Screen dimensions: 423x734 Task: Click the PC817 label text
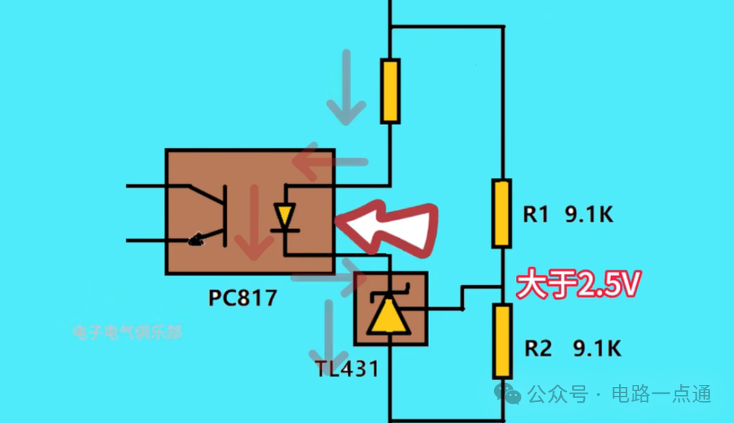[242, 299]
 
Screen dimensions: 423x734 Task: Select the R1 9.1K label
[568, 215]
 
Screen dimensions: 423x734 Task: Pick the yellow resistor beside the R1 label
[502, 213]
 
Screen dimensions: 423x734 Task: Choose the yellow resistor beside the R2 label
[502, 341]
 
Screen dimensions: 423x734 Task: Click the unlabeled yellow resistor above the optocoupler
[389, 90]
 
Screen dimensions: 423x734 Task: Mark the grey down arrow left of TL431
[328, 333]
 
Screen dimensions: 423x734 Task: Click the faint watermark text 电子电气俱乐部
[127, 333]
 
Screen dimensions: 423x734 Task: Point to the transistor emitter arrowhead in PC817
[197, 239]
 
